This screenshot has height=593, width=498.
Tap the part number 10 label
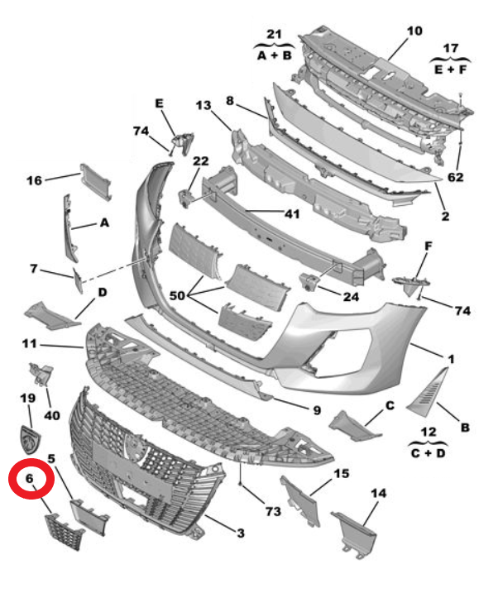click(x=414, y=31)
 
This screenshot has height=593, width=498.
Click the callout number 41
click(x=291, y=213)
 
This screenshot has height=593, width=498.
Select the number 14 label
click(x=379, y=494)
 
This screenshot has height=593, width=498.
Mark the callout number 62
click(x=456, y=177)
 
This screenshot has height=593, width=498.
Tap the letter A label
click(x=104, y=222)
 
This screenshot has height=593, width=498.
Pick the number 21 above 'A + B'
click(x=274, y=34)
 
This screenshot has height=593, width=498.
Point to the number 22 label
click(x=201, y=160)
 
